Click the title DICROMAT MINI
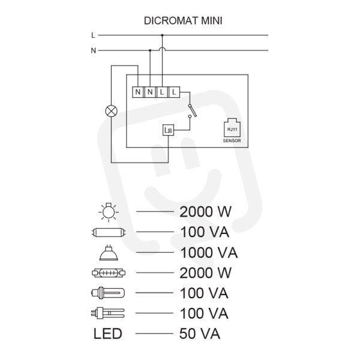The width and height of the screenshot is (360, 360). [x=183, y=20]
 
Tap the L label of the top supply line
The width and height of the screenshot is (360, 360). [x=93, y=35]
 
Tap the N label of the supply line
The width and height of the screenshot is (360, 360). [x=93, y=50]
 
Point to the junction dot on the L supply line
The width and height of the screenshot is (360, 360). [x=162, y=35]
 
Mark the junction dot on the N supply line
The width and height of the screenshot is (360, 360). [x=150, y=50]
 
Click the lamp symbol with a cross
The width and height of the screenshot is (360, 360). [x=111, y=111]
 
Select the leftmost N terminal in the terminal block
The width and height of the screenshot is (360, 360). [x=138, y=92]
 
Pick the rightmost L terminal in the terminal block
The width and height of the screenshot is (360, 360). [x=174, y=92]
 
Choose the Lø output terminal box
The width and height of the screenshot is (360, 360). [x=168, y=130]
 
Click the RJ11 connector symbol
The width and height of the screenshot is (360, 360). [x=232, y=128]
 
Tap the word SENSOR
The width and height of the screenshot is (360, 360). [x=232, y=141]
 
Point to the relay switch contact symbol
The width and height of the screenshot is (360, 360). [x=192, y=111]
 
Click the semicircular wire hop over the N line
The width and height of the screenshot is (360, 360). [x=162, y=49]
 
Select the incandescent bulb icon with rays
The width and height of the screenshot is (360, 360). [x=109, y=212]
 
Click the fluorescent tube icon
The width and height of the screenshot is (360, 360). [x=109, y=232]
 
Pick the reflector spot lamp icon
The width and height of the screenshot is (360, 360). [x=109, y=253]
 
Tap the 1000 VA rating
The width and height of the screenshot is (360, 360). [x=209, y=253]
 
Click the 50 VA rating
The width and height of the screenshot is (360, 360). [x=200, y=334]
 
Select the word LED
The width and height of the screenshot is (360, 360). [x=107, y=334]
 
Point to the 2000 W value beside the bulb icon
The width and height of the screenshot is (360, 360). [x=205, y=212]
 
